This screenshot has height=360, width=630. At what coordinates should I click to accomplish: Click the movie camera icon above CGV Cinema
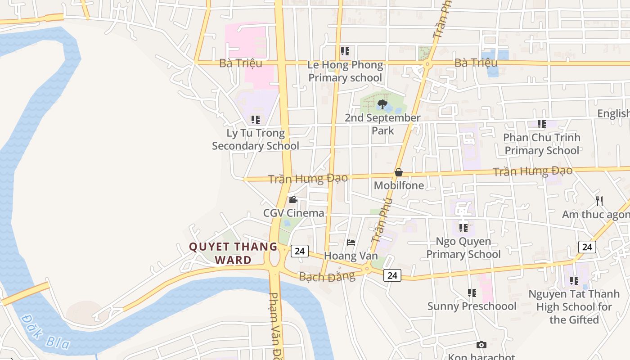[x=293, y=199]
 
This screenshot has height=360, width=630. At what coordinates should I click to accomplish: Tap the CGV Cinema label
[x=294, y=213]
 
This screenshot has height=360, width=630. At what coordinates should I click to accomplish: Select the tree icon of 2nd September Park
[x=382, y=105]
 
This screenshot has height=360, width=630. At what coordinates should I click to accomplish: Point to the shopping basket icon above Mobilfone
[x=398, y=172]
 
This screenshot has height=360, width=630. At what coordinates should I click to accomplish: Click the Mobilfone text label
[x=399, y=185]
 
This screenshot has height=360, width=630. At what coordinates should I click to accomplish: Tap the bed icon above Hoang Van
[x=351, y=243]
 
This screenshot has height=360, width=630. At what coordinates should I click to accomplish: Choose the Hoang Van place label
[x=351, y=256]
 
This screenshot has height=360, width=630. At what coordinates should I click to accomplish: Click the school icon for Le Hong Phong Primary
[x=345, y=51]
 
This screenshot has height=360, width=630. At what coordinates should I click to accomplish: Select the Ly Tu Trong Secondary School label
[x=256, y=139]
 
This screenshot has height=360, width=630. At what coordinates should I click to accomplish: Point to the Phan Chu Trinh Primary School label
[x=542, y=144]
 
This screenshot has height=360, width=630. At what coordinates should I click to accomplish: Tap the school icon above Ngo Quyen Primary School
[x=463, y=228]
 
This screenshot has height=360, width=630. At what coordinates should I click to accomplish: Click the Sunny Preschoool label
[x=472, y=306]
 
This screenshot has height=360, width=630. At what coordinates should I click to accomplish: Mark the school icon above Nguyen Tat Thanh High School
[x=574, y=281]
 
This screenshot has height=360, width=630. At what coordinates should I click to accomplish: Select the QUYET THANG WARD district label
[x=233, y=253]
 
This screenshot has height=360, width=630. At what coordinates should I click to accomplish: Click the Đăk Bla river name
[x=45, y=332]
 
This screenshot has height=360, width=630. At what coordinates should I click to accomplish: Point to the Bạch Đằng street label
[x=327, y=276]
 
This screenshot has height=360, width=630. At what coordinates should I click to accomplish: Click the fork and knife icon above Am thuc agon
[x=599, y=201]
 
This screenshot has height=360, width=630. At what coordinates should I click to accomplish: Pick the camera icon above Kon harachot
[x=481, y=345]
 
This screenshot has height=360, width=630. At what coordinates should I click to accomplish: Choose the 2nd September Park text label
[x=382, y=124]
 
